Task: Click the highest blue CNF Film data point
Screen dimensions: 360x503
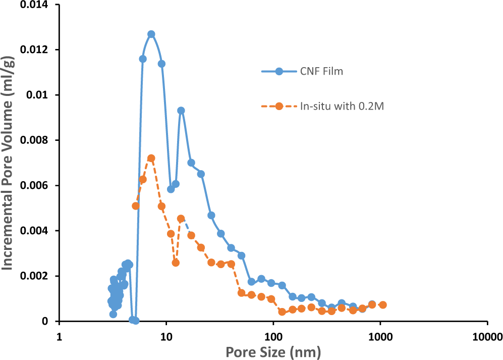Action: click(x=151, y=34)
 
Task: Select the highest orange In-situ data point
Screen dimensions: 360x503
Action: click(x=151, y=158)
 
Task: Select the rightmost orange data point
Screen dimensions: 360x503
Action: click(x=383, y=305)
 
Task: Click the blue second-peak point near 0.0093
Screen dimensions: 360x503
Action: click(x=181, y=111)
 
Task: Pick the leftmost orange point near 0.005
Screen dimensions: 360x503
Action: click(x=136, y=205)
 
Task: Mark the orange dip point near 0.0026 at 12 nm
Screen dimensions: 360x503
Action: click(x=176, y=263)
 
